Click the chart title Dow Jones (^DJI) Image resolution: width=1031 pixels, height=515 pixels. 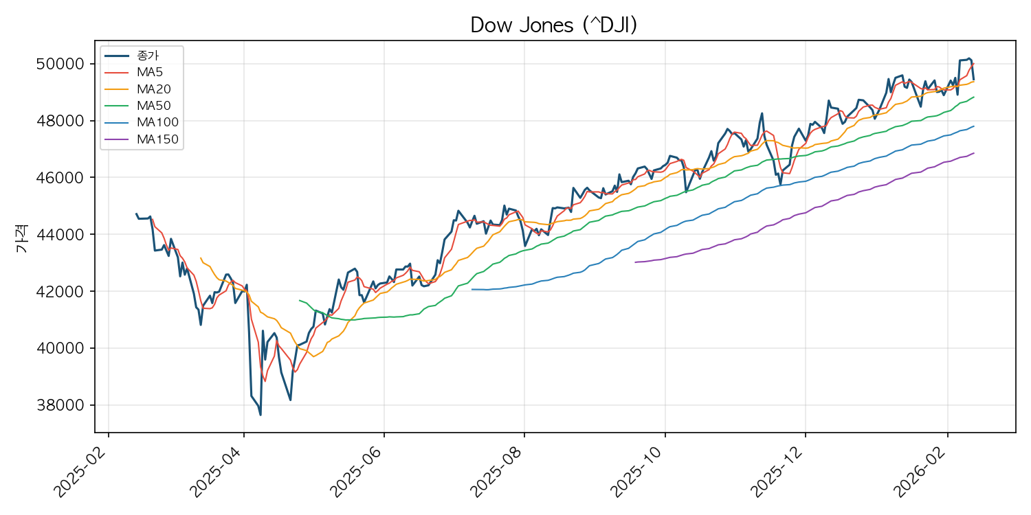[x=554, y=25]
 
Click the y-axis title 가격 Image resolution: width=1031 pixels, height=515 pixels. [x=22, y=240]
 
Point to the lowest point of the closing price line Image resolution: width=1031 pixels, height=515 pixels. [x=260, y=415]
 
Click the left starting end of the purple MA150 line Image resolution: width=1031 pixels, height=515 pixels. [x=635, y=262]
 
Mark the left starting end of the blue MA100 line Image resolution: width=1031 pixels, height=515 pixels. [x=472, y=289]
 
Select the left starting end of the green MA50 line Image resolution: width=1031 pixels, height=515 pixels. [x=299, y=300]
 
